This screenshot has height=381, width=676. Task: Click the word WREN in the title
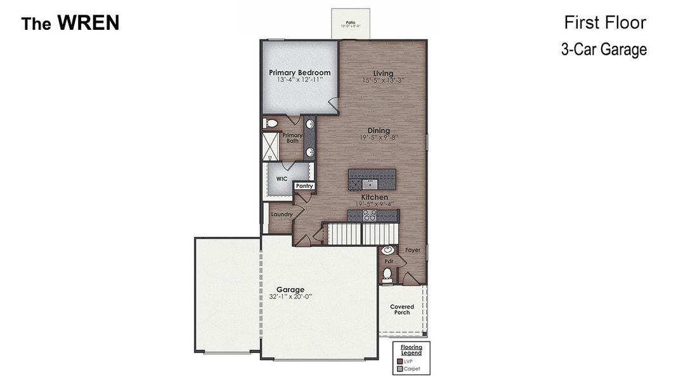tap(88, 23)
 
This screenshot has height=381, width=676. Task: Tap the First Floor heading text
tap(605, 23)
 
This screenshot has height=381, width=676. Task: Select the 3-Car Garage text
tap(604, 50)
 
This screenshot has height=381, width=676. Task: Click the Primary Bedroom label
tap(299, 73)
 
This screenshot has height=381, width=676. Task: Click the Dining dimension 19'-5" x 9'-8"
tap(379, 138)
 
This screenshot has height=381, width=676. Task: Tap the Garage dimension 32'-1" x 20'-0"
tap(290, 297)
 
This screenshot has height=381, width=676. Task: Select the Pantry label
tap(304, 186)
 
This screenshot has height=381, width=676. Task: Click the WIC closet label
tap(282, 179)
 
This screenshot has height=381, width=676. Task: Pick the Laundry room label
tap(282, 215)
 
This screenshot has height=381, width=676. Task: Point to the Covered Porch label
tap(402, 309)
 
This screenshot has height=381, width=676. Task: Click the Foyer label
tap(413, 250)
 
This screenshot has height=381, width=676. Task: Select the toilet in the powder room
tap(387, 274)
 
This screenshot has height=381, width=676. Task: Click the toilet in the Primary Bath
tap(271, 123)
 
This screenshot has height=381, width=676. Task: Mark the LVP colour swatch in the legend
tap(399, 361)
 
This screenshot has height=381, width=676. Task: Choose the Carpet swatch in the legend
tap(399, 368)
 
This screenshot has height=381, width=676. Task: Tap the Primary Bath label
tap(292, 138)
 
